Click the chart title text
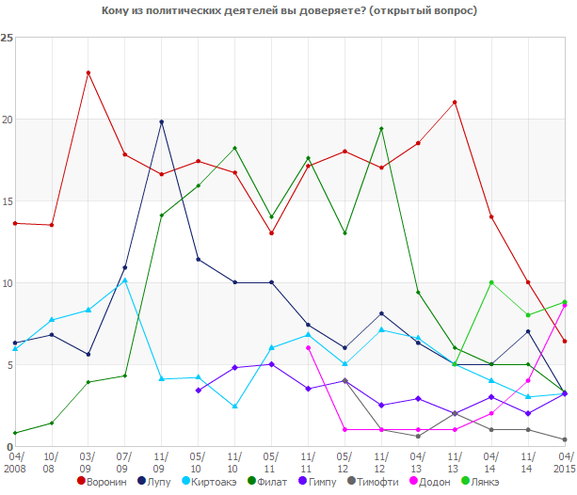coord(288,11)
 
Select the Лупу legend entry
coord(162,482)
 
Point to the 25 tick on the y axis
coord(8,38)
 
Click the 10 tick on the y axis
coord(8,283)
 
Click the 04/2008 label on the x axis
coord(15,461)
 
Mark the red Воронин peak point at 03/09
coord(88,72)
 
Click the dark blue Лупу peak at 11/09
coord(162,121)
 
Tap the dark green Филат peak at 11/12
coord(381,129)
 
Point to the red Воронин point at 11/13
coord(455,102)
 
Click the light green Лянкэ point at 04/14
coord(491,282)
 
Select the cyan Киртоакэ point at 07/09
coord(125,279)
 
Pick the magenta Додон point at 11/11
coord(308,347)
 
